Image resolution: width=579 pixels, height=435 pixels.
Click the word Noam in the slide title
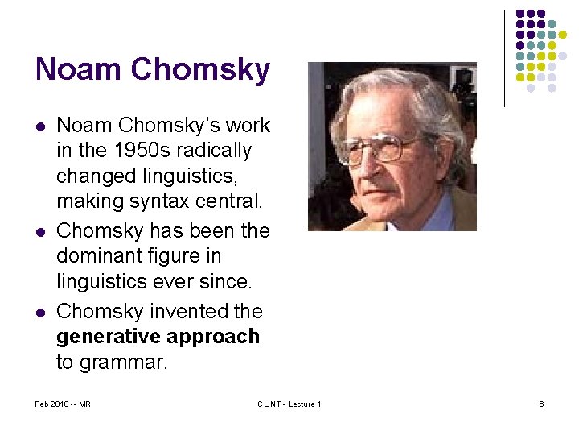point(78,69)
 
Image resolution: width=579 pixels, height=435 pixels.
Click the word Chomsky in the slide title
point(200,71)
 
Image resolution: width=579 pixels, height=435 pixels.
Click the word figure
point(182,257)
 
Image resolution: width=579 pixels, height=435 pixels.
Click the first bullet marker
point(40,126)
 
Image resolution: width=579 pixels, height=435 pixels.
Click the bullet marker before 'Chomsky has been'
point(40,232)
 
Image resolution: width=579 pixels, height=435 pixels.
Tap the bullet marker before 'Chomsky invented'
point(40,312)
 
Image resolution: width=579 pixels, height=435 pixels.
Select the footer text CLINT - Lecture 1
point(289,404)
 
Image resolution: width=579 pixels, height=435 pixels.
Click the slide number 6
point(541,404)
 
